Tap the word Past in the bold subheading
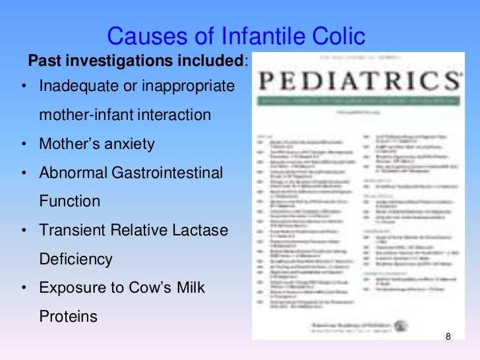click(x=42, y=61)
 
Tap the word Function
click(x=69, y=202)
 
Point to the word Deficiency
click(x=76, y=259)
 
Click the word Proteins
click(x=68, y=316)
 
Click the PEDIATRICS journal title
click(x=358, y=82)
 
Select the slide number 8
click(x=448, y=338)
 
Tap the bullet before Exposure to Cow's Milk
click(x=23, y=289)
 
